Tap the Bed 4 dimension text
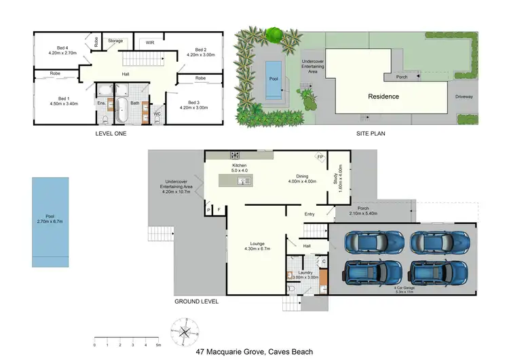62,52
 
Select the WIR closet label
150,43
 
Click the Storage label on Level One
115,41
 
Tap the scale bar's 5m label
158,345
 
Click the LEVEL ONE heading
111,134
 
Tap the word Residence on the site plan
383,96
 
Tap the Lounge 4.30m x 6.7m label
257,247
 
